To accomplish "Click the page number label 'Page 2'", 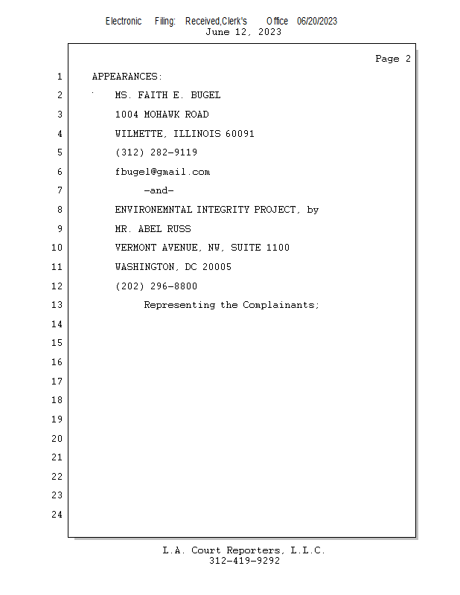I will [392, 59].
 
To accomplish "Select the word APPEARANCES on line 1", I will [125, 77].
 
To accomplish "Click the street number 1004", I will [127, 115].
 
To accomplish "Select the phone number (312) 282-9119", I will [156, 152].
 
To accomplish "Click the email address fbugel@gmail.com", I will [162, 172].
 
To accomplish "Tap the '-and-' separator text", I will [159, 190].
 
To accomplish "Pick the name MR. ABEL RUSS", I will [153, 229].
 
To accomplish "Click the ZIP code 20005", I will [217, 267].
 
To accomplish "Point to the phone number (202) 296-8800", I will [156, 286].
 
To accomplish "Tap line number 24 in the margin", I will [57, 515].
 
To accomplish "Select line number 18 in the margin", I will [57, 400].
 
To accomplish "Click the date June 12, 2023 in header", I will [243, 32].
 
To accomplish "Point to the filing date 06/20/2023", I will [317, 21].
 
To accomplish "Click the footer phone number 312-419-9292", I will [244, 561].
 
